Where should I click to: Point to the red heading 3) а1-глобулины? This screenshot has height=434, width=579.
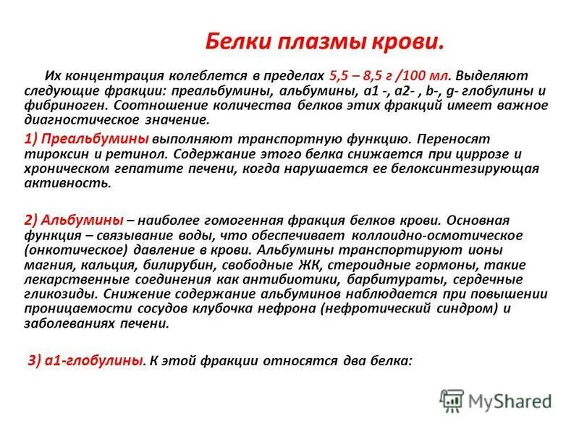tap(85, 359)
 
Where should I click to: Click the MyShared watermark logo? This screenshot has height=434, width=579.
tap(496, 400)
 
